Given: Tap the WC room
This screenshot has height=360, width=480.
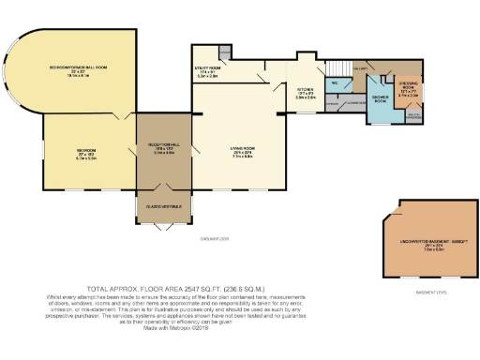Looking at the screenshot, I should (335, 82).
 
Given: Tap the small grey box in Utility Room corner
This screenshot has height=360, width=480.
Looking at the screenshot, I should (224, 52).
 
